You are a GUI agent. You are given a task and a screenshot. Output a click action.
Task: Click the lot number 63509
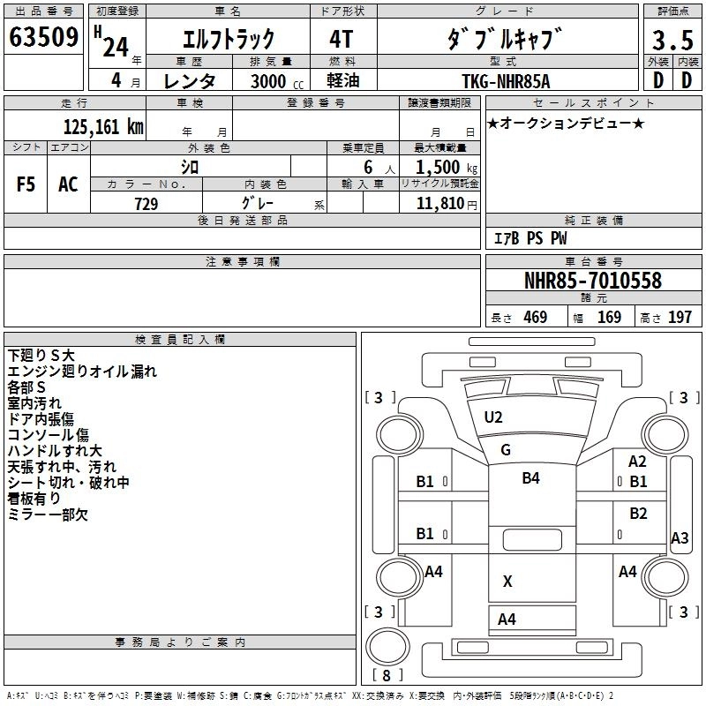tap(44, 38)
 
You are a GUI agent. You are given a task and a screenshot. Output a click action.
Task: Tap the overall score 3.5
tap(672, 40)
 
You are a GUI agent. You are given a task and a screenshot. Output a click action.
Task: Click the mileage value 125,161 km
tap(103, 127)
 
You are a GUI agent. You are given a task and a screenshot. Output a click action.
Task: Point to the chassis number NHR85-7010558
tap(592, 281)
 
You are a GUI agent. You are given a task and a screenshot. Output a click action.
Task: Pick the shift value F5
tap(26, 184)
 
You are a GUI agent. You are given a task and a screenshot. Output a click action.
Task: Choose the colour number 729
tap(146, 204)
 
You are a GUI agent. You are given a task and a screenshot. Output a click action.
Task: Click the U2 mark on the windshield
tap(493, 417)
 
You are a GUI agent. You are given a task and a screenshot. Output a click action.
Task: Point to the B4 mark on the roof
tap(530, 478)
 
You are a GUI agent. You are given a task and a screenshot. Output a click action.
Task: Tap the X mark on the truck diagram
tap(507, 581)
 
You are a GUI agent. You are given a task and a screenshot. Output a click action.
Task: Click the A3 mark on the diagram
tap(680, 537)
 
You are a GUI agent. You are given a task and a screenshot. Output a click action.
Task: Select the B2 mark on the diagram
tap(638, 514)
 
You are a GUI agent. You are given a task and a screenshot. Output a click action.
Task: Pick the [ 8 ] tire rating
tap(387, 675)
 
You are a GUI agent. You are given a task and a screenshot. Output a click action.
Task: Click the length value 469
tap(535, 318)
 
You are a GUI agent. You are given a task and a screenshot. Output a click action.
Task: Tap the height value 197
tap(680, 318)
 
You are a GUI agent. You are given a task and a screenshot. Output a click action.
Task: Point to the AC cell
tap(68, 184)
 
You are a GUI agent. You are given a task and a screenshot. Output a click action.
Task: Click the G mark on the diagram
tap(506, 450)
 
